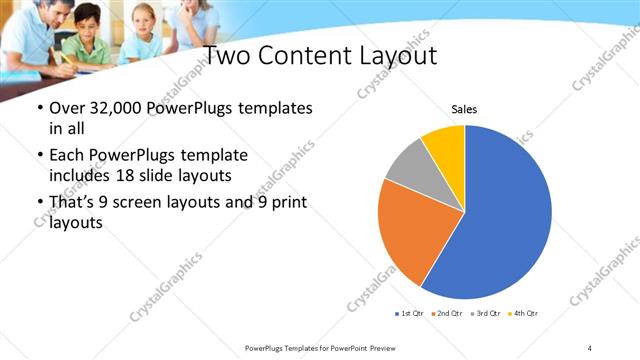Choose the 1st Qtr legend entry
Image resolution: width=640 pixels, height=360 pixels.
point(410,314)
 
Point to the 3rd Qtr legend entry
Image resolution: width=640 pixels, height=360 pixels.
point(487,314)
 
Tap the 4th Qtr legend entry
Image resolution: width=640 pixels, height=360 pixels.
point(525,314)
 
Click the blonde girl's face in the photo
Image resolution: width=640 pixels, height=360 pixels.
point(143,24)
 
